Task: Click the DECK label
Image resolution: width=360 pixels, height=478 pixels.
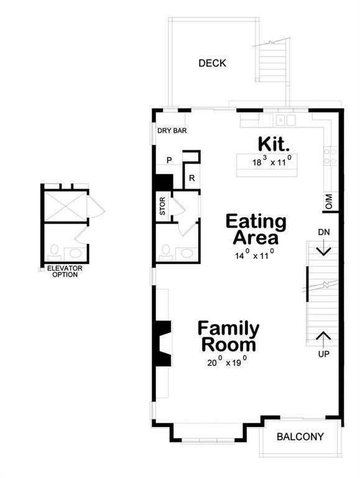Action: (x=212, y=63)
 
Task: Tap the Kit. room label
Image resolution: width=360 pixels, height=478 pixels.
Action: (x=274, y=144)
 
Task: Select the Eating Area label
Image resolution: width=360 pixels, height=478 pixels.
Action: (x=256, y=229)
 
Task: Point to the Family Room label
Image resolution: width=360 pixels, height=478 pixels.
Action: (x=228, y=336)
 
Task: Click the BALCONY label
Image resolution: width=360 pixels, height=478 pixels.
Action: (x=300, y=436)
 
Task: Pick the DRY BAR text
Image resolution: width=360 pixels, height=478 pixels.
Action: (x=172, y=131)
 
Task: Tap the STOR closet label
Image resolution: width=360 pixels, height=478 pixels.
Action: (x=162, y=207)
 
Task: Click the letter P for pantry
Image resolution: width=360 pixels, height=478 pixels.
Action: (x=168, y=161)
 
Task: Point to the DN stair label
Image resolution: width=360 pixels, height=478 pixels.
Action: (x=323, y=232)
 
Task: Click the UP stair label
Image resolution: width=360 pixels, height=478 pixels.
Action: (x=323, y=354)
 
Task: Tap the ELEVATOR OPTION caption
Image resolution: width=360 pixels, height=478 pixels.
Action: (x=65, y=271)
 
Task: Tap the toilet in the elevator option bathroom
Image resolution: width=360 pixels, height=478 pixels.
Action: (x=54, y=251)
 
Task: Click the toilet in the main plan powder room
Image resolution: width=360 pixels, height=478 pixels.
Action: (x=165, y=250)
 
